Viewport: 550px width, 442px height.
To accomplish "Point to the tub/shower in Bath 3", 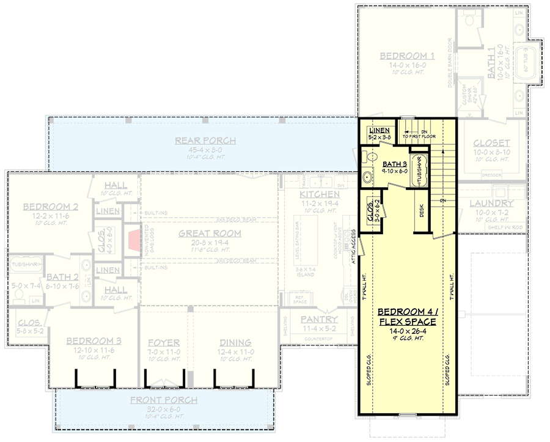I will click(419, 172).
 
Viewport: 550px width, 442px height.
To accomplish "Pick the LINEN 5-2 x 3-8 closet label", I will click(379, 130).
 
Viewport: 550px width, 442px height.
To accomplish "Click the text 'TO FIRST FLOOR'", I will click(419, 136).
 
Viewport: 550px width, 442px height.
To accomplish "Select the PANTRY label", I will click(318, 319).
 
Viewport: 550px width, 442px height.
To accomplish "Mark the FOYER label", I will click(163, 342).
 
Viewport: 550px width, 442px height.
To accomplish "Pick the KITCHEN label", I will click(320, 194).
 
